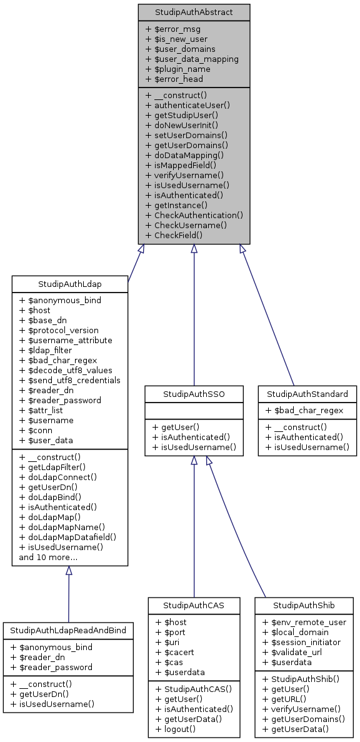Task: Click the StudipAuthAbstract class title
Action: pyautogui.click(x=194, y=12)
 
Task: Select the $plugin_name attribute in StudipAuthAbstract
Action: pyautogui.click(x=182, y=69)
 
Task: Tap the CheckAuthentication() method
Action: pyautogui.click(x=194, y=214)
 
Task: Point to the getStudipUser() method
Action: pyautogui.click(x=181, y=115)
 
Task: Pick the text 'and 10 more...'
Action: pyautogui.click(x=48, y=557)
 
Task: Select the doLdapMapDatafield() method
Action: pyautogui.click(x=67, y=536)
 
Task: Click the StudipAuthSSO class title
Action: pyautogui.click(x=194, y=394)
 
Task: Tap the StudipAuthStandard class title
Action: pyautogui.click(x=307, y=394)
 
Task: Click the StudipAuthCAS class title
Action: pyautogui.click(x=194, y=605)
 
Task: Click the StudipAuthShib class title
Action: pyautogui.click(x=304, y=605)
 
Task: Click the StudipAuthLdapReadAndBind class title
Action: pyautogui.click(x=67, y=631)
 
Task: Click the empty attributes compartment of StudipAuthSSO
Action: pyautogui.click(x=194, y=410)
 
